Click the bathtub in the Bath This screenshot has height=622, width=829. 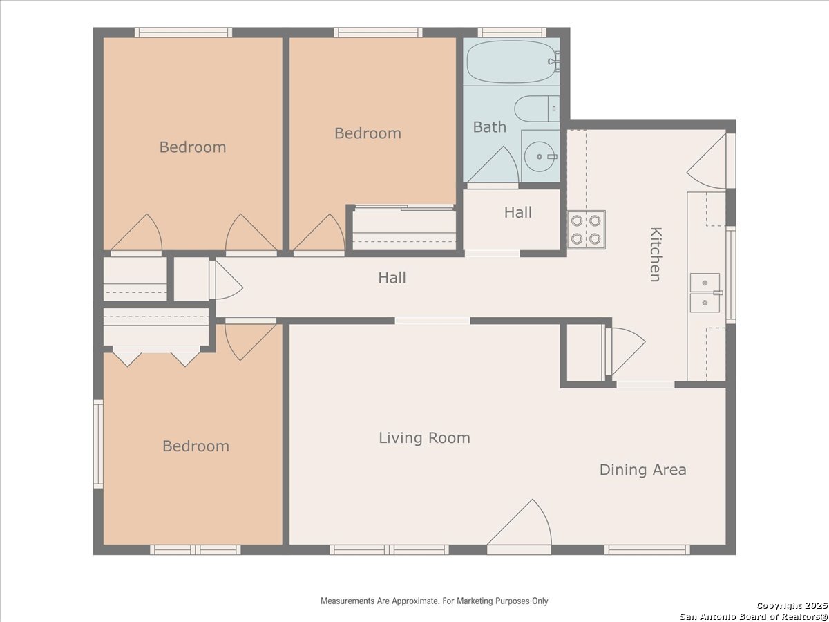point(513,62)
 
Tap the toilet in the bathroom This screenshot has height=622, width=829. point(537,109)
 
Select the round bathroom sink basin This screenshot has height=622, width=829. point(540,156)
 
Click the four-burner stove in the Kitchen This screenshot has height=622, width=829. point(586,229)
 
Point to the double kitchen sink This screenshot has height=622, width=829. point(705,292)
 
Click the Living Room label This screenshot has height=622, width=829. point(424,438)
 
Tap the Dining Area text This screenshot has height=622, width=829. point(642,470)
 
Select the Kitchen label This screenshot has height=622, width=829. point(656,254)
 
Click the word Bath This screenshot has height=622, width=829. point(490,127)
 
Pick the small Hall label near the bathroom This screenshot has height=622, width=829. point(518,212)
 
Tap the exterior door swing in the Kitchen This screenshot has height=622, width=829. point(711,160)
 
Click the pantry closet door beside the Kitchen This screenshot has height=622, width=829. point(625,351)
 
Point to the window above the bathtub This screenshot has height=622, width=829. point(512,32)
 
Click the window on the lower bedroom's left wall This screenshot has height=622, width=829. point(98,444)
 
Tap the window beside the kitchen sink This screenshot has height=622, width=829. point(731,274)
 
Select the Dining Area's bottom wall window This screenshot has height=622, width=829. point(647,549)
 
